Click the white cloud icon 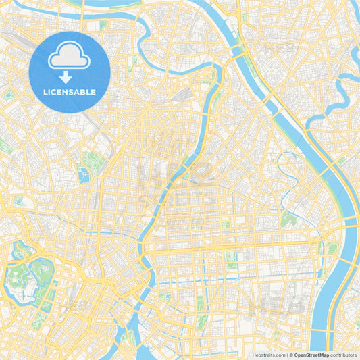coord(70,57)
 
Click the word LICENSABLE coord(70,92)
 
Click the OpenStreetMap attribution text coord(311,355)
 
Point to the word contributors coord(343,355)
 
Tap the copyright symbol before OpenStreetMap coord(291,355)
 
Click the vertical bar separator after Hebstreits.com coord(287,355)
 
